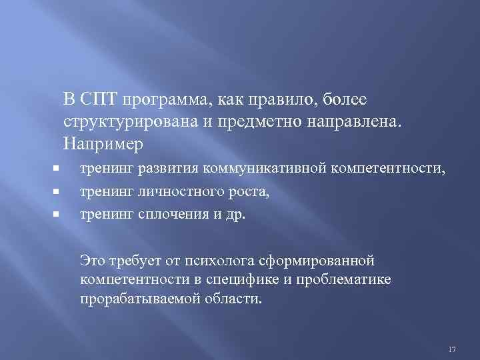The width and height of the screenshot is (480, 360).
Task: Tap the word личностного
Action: [x=171, y=192]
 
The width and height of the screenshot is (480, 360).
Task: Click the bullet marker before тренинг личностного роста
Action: [x=58, y=192]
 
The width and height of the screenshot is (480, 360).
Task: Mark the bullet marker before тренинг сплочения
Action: [x=58, y=214]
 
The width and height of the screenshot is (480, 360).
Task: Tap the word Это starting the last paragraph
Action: [x=92, y=257]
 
